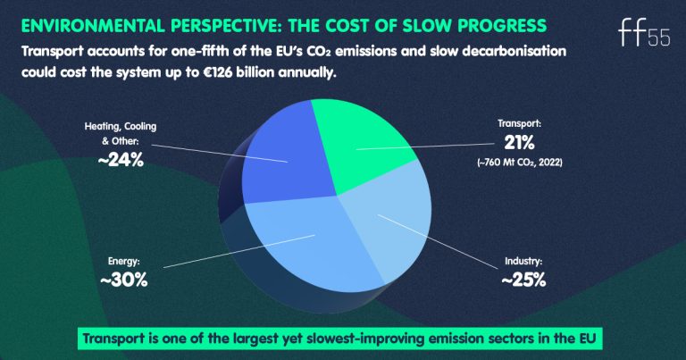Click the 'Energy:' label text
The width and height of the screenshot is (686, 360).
pos(123,262)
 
